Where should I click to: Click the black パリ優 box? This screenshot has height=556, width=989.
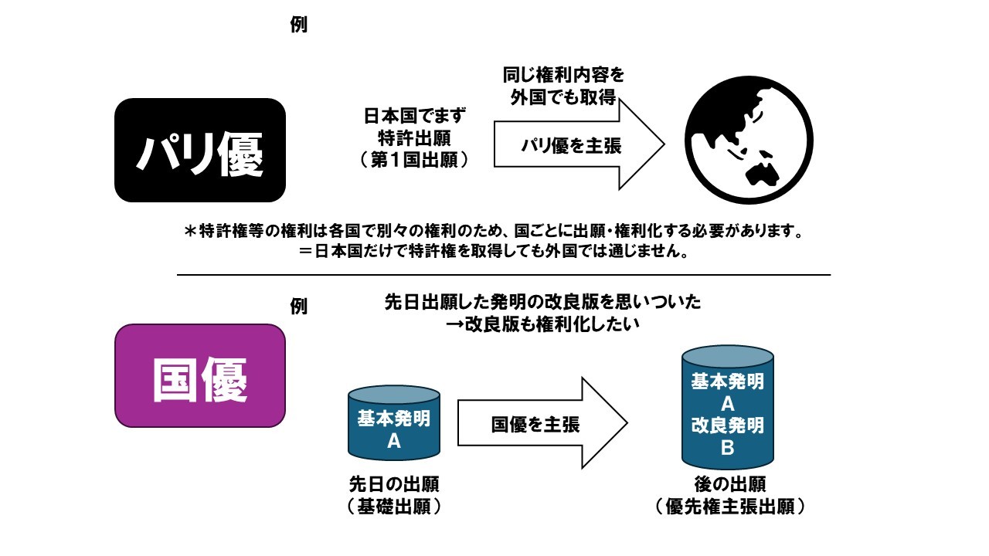tap(200, 150)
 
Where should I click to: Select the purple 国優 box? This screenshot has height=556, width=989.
tap(200, 375)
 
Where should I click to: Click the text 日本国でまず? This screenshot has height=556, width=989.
tap(416, 117)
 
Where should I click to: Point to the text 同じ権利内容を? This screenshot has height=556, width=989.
tap(562, 76)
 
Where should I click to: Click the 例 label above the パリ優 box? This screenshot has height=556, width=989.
tap(299, 24)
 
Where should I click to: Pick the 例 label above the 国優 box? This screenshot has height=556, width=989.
tap(299, 306)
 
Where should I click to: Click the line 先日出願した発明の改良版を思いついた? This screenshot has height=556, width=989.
tap(543, 302)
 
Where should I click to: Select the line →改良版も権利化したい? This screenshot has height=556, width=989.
tap(543, 325)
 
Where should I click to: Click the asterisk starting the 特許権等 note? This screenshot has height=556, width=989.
tap(190, 232)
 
